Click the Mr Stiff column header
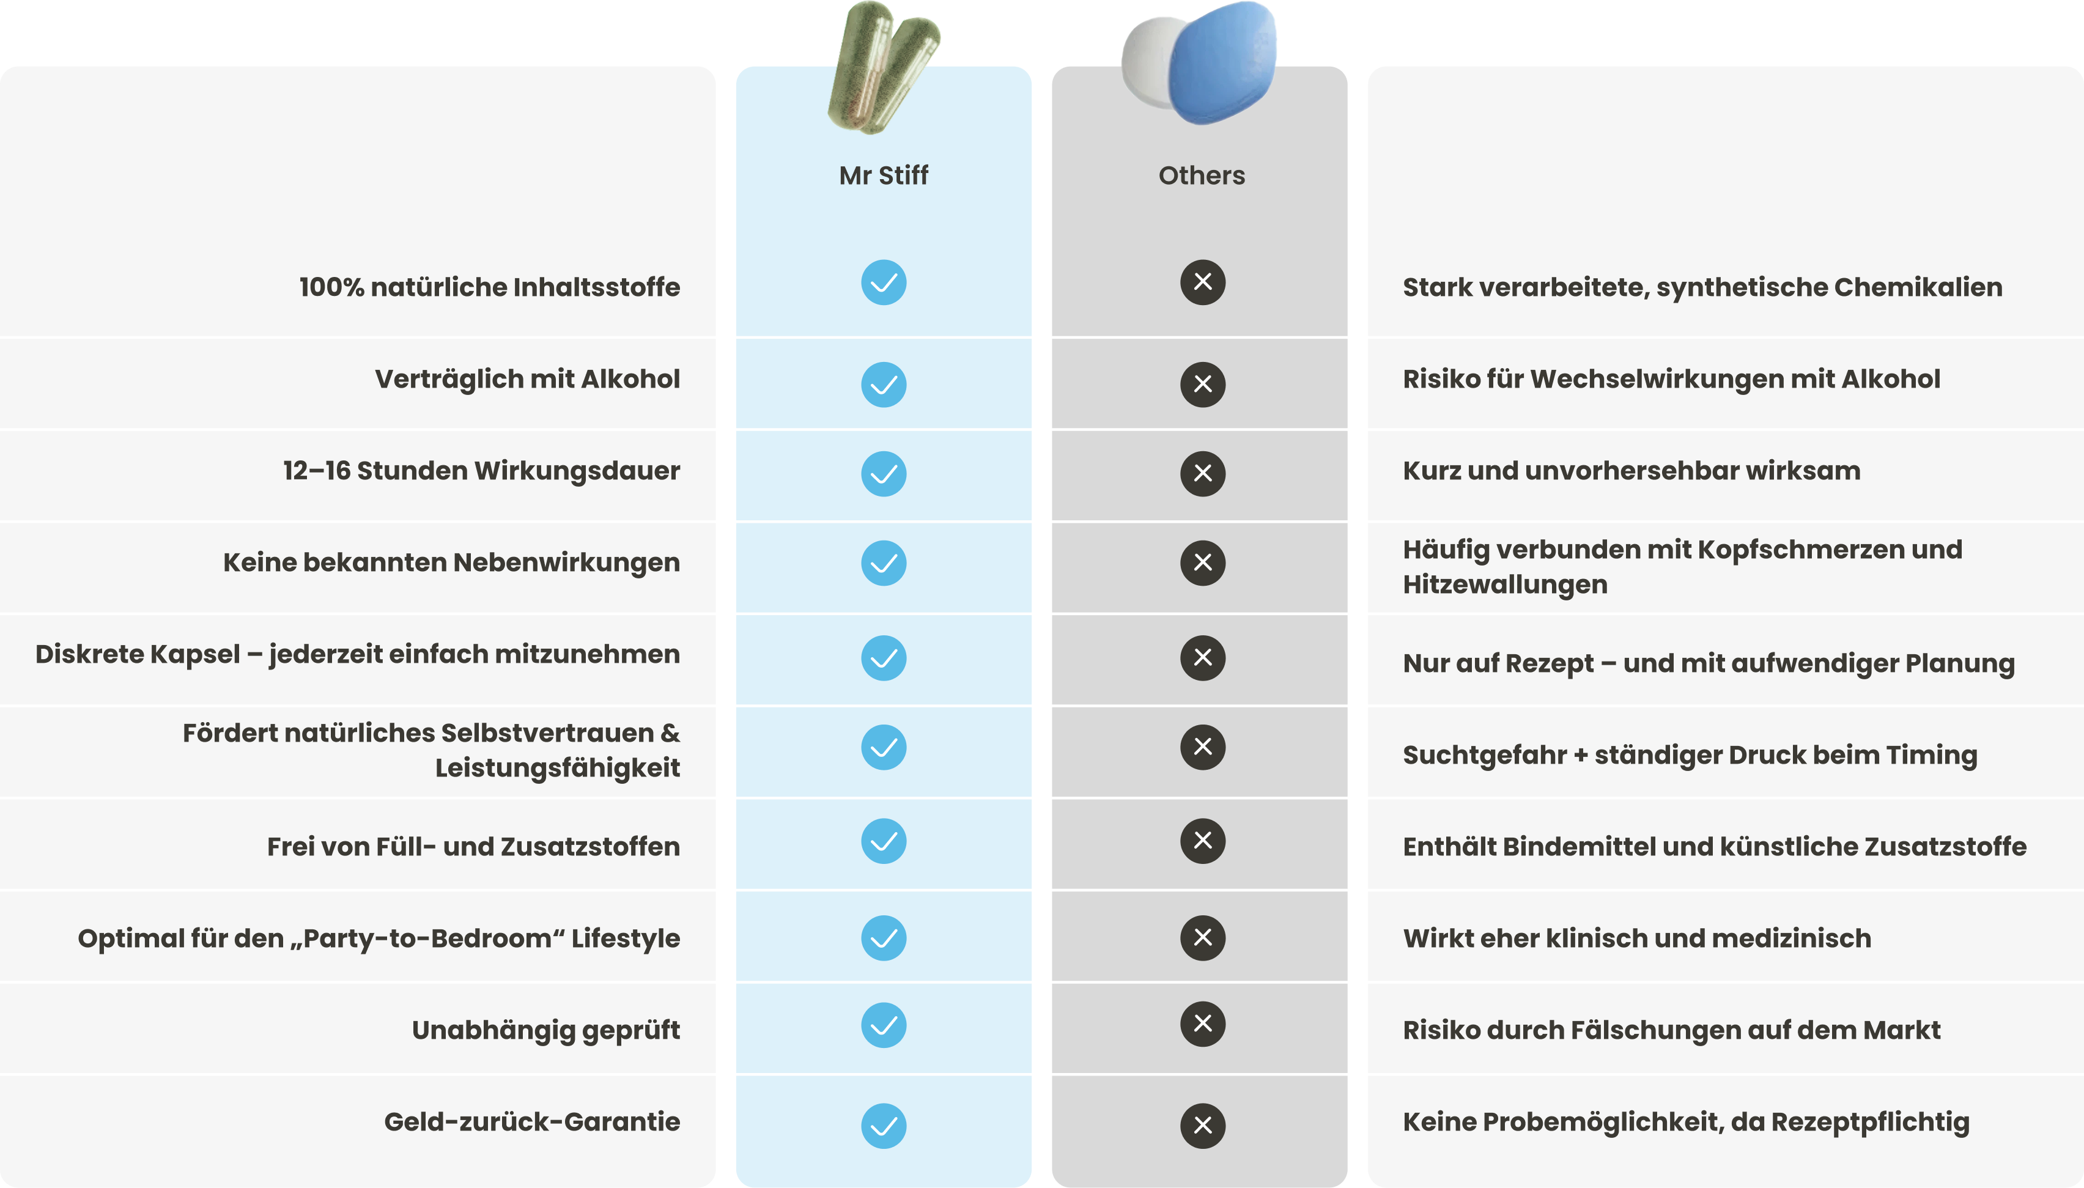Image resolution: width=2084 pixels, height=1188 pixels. point(884,175)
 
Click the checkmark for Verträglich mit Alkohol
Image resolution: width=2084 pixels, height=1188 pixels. point(884,385)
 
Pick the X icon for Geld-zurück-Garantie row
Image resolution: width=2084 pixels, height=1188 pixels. point(1202,1126)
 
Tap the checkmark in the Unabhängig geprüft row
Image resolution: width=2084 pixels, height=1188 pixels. point(884,1025)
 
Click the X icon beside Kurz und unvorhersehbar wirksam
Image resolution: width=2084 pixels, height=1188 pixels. point(1202,473)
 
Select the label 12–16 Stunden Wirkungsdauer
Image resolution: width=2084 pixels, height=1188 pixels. point(481,471)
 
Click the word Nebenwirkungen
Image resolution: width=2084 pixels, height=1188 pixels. point(566,562)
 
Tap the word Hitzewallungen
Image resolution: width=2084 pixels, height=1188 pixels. point(1505,585)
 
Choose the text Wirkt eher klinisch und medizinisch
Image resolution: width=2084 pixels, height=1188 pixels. point(1636,939)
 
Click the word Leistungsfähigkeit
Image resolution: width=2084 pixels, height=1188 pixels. point(556,768)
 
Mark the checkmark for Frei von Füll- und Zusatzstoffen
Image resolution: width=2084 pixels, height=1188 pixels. point(884,841)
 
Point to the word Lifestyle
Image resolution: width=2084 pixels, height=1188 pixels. point(625,939)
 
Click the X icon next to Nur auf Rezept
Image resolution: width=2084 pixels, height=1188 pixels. point(1202,658)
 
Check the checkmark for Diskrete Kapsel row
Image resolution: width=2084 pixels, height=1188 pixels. point(884,658)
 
